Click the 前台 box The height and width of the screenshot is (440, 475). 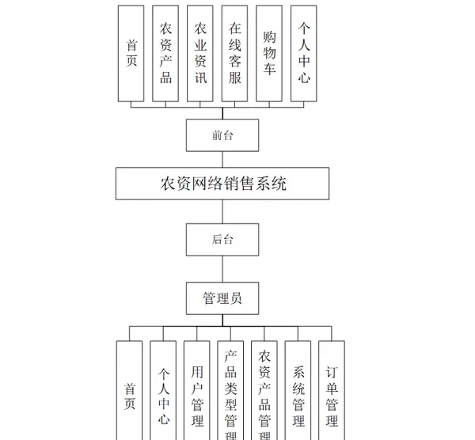[222, 135]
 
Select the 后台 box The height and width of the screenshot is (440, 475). [222, 239]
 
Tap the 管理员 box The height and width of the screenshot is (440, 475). [222, 298]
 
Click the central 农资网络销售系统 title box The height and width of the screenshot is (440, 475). [222, 184]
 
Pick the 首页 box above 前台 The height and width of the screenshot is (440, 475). [131, 53]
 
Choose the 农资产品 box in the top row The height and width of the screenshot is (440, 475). [165, 53]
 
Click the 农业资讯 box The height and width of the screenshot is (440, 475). [200, 53]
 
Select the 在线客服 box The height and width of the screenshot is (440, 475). [235, 53]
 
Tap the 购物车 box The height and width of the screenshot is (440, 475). [269, 53]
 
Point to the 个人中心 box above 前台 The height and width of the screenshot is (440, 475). [304, 53]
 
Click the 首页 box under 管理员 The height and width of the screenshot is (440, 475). [130, 392]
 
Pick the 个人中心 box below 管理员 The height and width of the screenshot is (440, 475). [163, 392]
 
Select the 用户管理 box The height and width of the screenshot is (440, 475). [197, 392]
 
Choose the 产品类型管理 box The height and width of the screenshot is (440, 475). [230, 392]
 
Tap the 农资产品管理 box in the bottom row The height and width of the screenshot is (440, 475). [264, 392]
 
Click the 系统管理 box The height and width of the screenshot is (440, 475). [298, 392]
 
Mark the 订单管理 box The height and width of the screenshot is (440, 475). [332, 392]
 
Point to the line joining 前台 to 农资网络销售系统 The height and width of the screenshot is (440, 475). [222, 159]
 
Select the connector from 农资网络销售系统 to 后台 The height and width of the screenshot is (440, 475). [222, 212]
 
